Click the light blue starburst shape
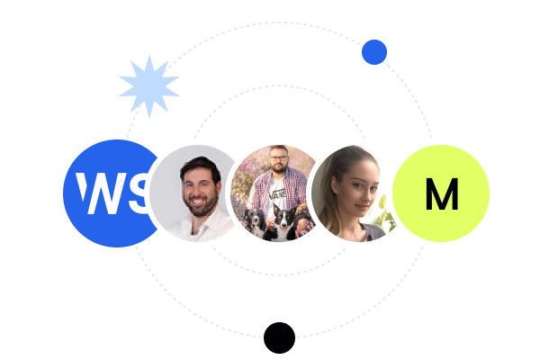(x=148, y=85)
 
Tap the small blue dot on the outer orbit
(x=374, y=52)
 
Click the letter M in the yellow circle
(x=441, y=193)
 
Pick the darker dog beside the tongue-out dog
(x=254, y=220)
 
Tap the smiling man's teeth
(x=200, y=201)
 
